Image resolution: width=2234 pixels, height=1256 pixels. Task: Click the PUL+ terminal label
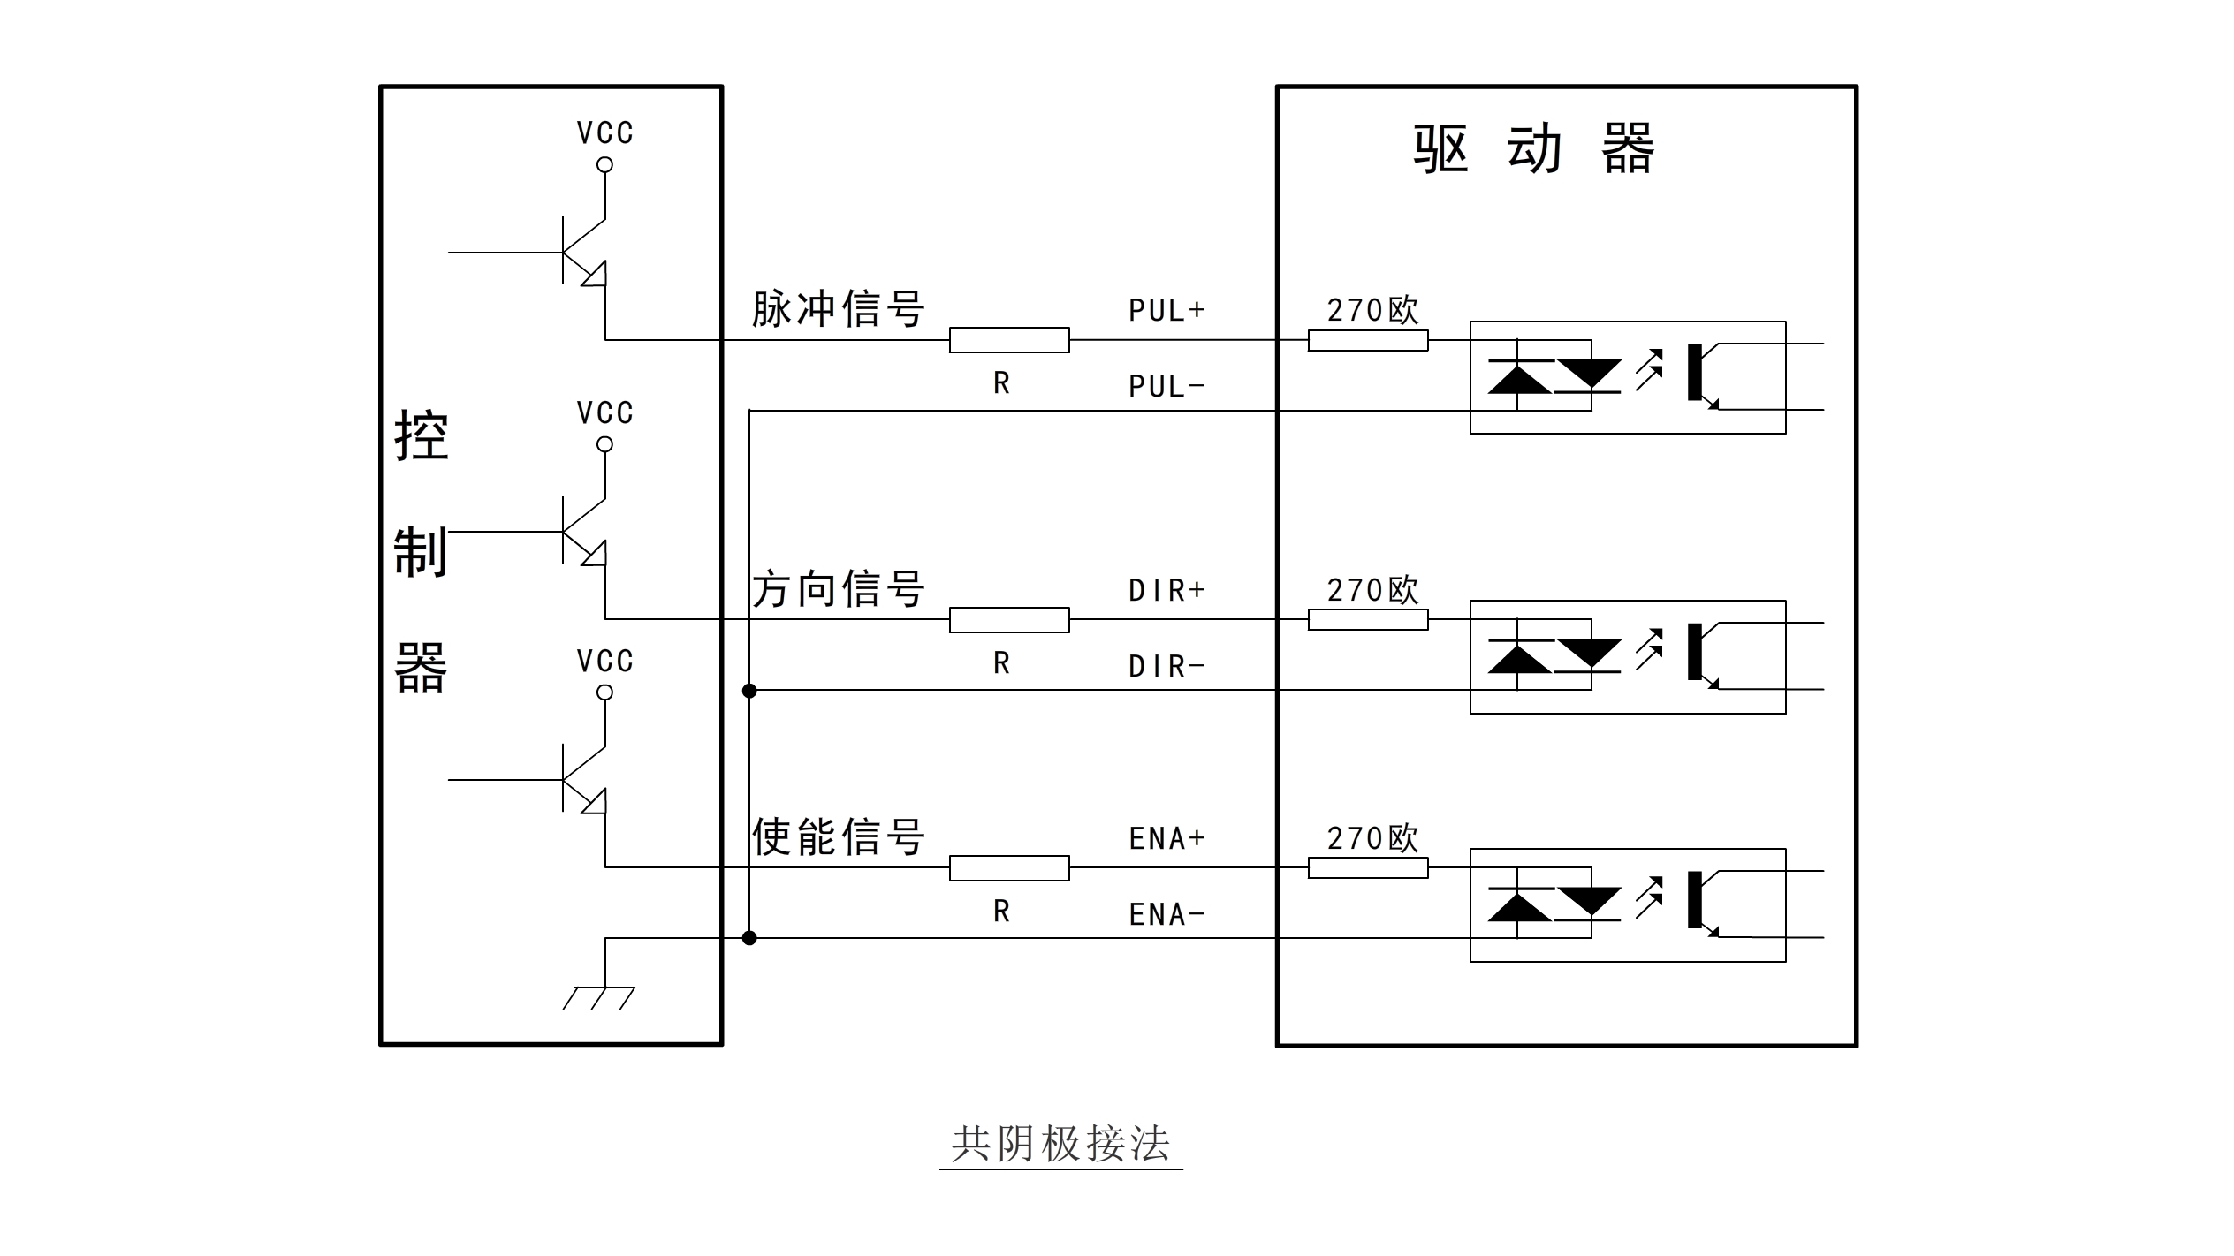1166,310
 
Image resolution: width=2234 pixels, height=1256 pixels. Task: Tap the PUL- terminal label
1166,386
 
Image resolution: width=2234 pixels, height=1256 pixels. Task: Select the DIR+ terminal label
1166,590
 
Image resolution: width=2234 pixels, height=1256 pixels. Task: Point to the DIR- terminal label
1166,666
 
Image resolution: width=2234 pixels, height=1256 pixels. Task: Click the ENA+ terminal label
1166,838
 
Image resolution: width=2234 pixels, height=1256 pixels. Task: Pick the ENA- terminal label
1166,914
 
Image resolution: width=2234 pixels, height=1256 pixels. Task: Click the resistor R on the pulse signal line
1009,340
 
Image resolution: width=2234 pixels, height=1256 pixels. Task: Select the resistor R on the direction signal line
1009,620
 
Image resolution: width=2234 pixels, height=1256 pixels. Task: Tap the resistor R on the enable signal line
1009,868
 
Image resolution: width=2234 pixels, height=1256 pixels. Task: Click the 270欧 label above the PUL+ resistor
1372,310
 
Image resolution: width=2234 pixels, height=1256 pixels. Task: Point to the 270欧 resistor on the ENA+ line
1368,868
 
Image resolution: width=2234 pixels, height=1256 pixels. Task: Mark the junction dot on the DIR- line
749,691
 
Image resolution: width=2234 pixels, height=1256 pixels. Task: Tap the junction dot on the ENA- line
749,938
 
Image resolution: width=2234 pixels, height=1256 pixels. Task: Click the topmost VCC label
605,133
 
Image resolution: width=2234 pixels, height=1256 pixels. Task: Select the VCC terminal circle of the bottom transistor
605,692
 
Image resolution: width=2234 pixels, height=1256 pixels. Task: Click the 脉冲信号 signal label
838,309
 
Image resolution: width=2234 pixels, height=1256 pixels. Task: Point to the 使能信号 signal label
838,836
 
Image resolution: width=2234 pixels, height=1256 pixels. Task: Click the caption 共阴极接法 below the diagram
1060,1144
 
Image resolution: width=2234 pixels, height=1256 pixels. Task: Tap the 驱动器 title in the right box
1534,148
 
